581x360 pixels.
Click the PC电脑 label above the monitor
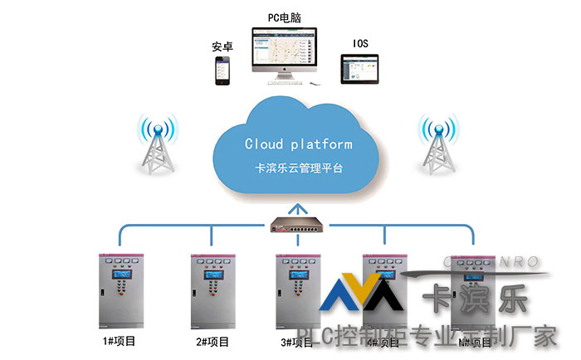285,16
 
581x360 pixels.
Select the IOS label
360,43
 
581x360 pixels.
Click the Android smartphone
222,70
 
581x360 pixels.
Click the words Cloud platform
298,144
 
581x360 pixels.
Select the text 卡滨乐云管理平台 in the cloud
298,167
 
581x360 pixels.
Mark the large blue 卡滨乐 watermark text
474,299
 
